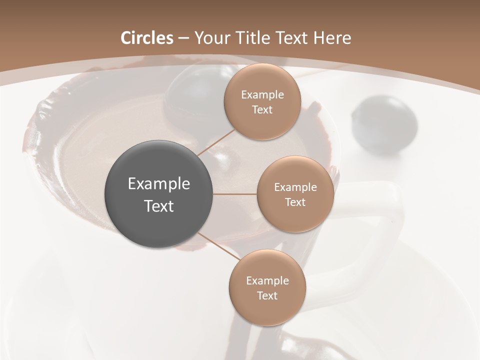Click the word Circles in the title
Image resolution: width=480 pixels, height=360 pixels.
pos(146,38)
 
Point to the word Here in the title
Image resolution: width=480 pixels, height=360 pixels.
pos(332,38)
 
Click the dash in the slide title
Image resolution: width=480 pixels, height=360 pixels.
pos(183,38)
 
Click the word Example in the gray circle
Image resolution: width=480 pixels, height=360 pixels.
pos(159,184)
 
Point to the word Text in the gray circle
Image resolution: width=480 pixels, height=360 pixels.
pos(159,206)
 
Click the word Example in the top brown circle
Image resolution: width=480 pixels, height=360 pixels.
pos(262,95)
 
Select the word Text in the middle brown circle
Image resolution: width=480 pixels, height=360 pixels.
pos(295,202)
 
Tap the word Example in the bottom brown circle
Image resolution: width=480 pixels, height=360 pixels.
pos(267,281)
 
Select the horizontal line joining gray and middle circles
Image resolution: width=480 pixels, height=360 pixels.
pos(235,194)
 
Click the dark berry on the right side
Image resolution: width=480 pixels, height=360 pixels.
pos(384,120)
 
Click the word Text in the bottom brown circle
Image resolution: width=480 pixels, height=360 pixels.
pos(267,296)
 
